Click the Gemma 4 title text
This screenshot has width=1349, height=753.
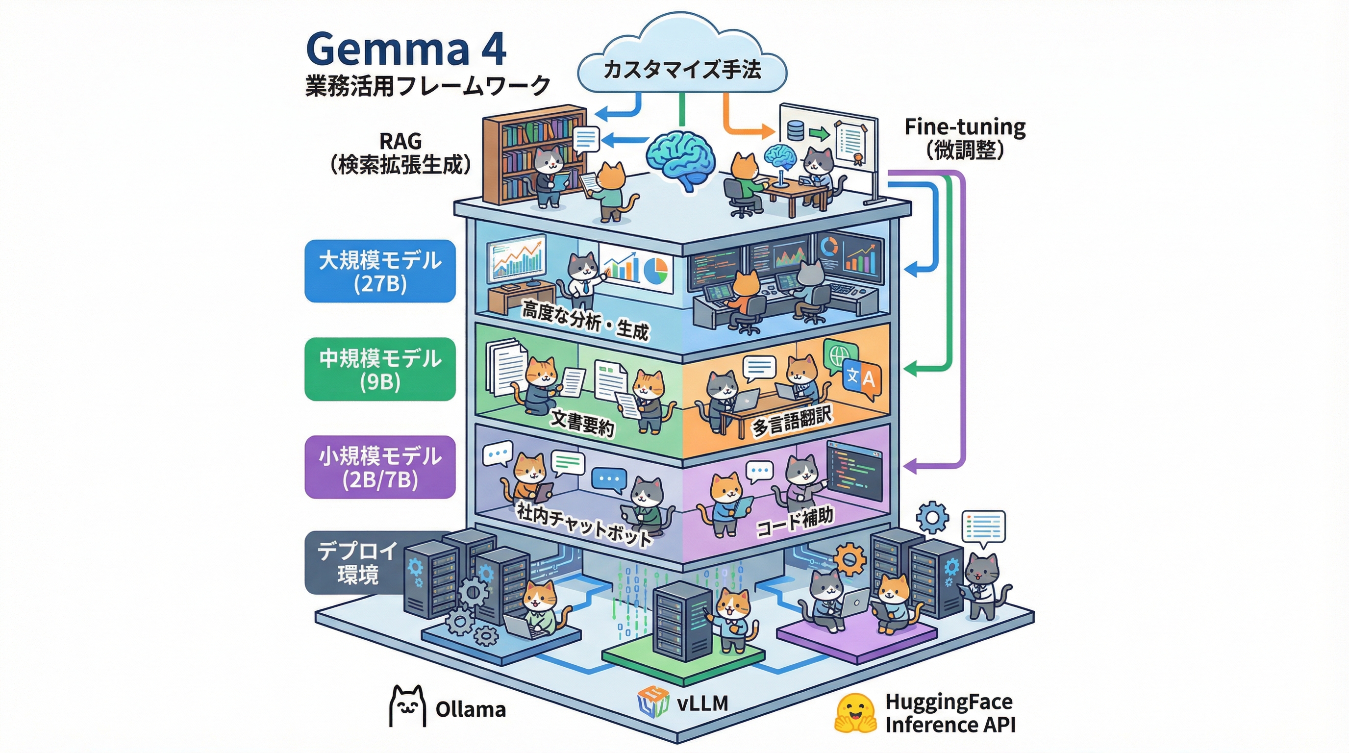tap(406, 49)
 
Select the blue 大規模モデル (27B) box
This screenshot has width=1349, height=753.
tap(380, 271)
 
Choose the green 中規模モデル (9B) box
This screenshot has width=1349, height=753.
tap(380, 370)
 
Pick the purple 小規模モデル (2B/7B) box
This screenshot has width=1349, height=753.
tap(380, 467)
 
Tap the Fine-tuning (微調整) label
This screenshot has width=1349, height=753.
tap(965, 138)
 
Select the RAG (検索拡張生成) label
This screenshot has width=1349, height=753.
tap(400, 153)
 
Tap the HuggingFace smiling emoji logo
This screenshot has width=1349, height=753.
tap(855, 713)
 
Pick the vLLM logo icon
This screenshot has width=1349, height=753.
tap(653, 702)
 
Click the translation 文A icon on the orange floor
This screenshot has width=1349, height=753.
tap(861, 377)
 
